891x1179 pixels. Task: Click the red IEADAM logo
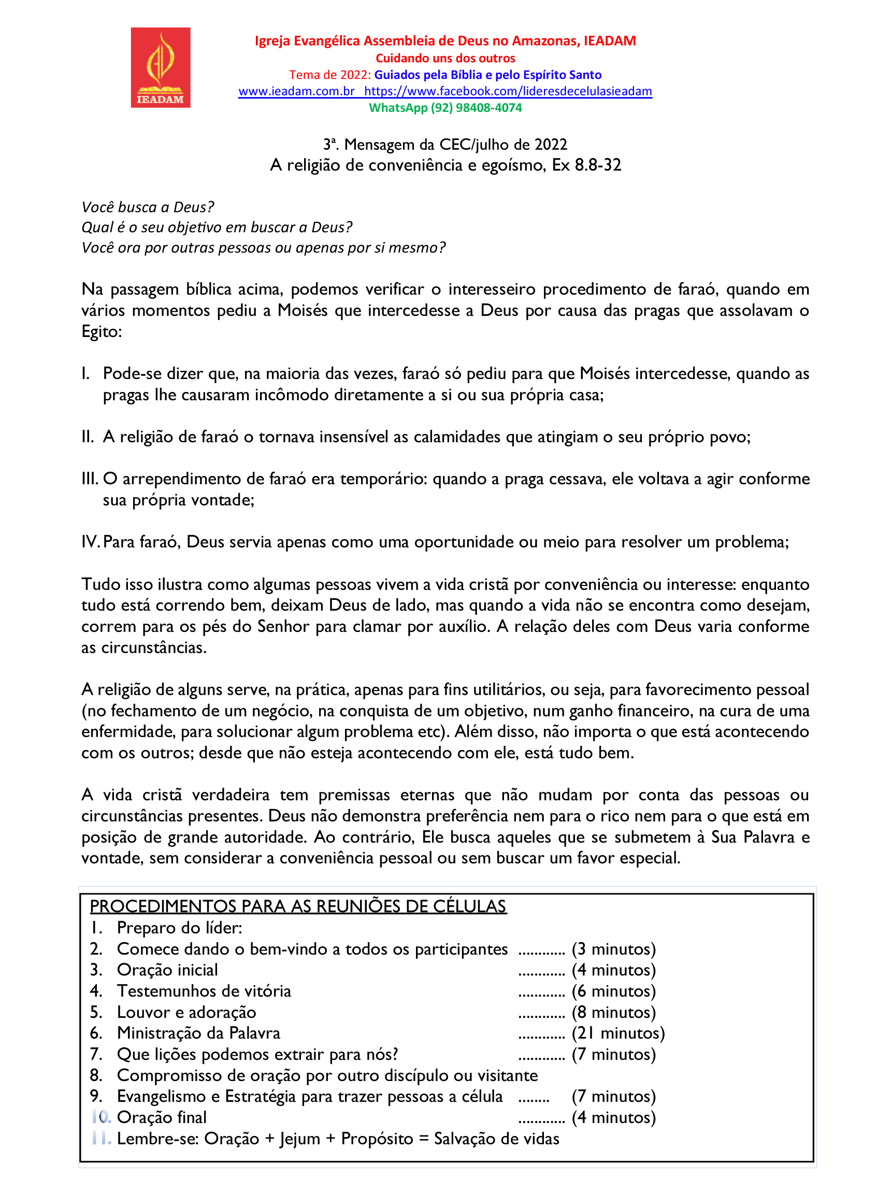point(160,68)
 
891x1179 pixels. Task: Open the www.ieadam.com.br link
point(296,91)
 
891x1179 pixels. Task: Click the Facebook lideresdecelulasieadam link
point(508,91)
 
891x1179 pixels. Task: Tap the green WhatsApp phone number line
point(445,108)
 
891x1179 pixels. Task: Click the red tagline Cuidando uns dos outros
point(445,58)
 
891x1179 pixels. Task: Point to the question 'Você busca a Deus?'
point(148,207)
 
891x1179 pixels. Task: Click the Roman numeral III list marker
point(90,479)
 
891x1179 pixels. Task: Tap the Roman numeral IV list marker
point(90,542)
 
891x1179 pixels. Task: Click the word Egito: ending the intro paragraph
point(102,331)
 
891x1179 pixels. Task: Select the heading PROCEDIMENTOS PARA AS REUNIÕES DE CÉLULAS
point(298,906)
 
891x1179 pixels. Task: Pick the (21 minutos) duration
point(618,1033)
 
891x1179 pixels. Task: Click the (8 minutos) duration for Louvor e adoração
point(613,1012)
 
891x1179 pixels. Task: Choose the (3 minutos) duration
point(613,949)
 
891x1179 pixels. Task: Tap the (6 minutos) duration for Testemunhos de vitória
point(613,991)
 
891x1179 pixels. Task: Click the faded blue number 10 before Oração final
point(101,1117)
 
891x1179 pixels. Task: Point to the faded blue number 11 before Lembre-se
point(101,1138)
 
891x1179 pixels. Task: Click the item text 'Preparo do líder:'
point(179,928)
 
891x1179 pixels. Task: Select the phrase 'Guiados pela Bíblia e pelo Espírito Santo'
point(487,75)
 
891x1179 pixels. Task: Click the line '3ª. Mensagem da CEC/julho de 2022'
point(445,145)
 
